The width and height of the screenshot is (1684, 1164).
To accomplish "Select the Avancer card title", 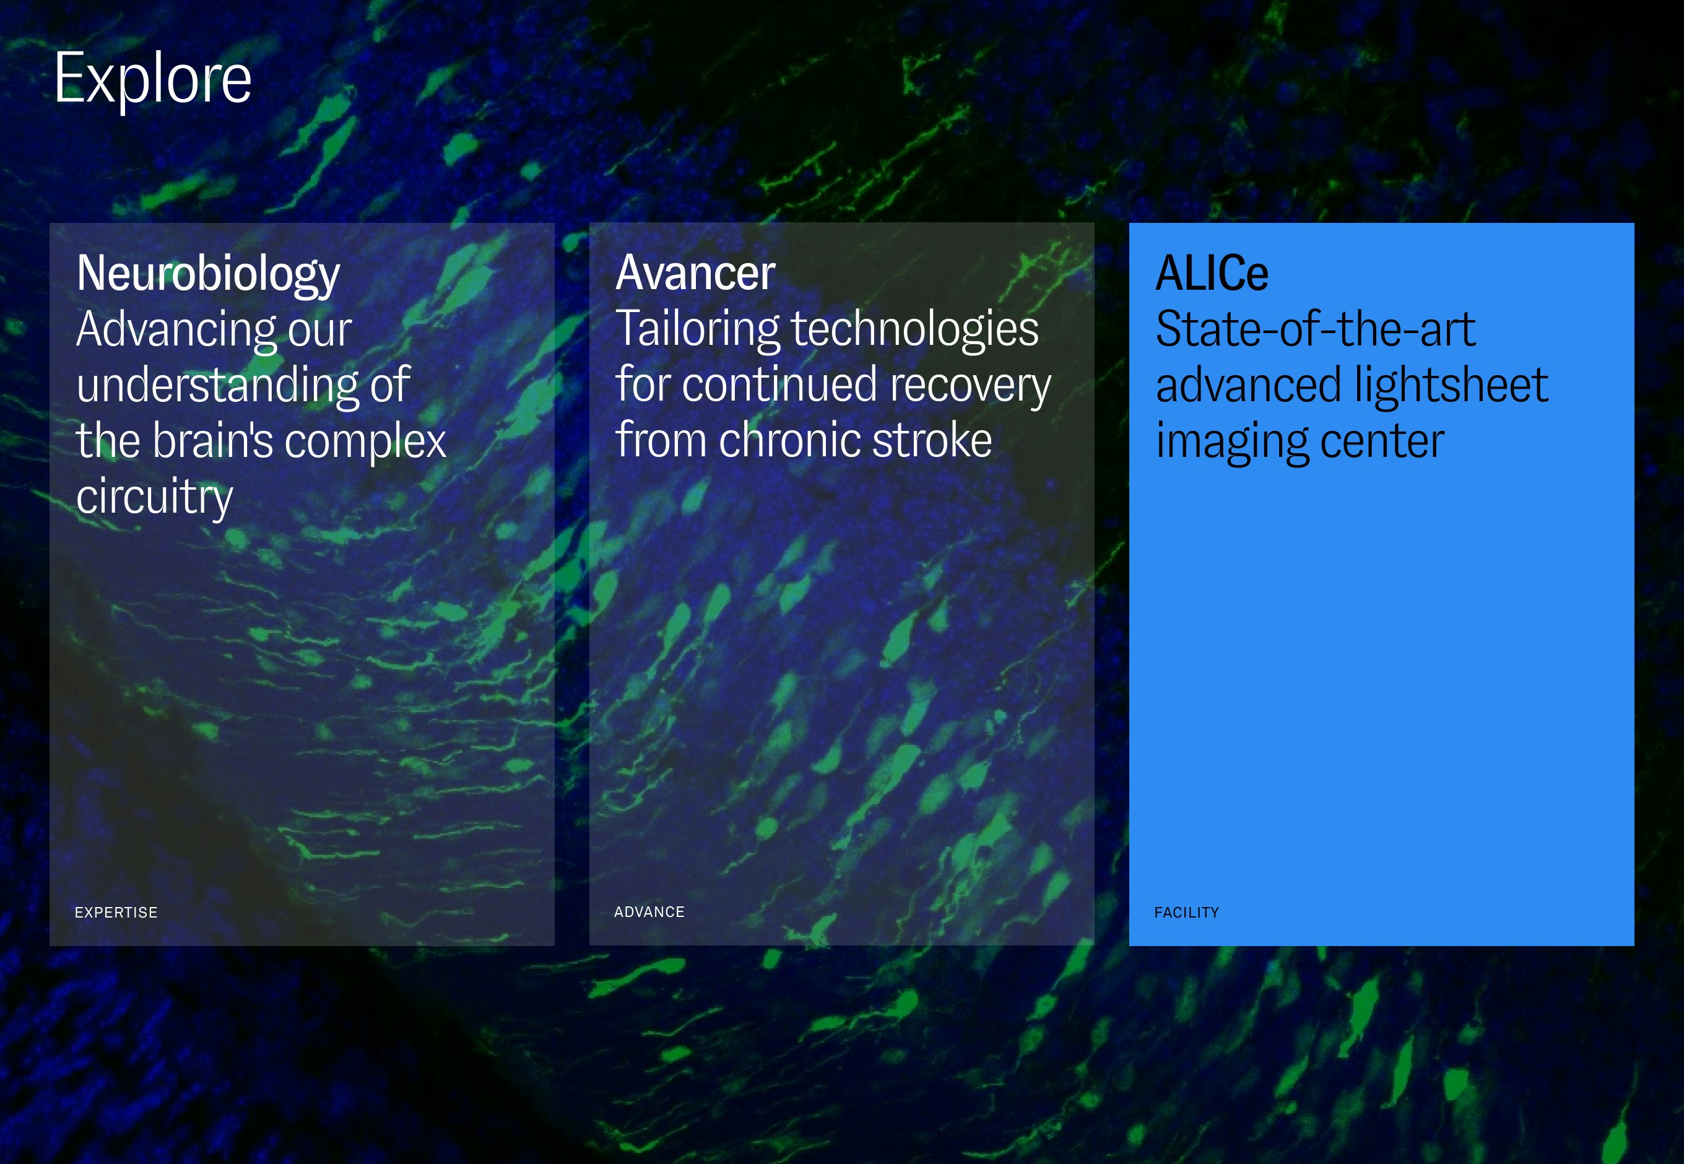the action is (695, 274).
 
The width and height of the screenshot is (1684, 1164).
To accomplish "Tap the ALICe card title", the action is (1212, 274).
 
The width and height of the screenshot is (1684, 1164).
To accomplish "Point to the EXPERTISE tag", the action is (116, 913).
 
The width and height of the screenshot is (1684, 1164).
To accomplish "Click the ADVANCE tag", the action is (649, 911).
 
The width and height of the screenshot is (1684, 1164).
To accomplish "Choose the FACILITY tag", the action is (1187, 913).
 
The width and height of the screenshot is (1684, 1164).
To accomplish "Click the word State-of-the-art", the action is (1316, 329).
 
